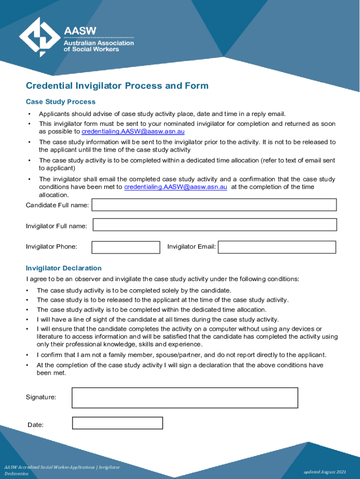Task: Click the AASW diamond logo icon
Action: click(40, 36)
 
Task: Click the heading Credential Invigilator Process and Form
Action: click(117, 86)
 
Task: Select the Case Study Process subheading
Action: click(60, 102)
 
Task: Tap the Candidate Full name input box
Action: click(214, 205)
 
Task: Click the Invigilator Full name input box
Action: click(215, 225)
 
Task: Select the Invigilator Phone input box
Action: click(125, 247)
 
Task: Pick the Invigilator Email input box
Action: click(277, 247)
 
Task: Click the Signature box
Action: click(185, 398)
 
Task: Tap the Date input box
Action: click(117, 423)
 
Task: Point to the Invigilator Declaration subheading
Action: click(64, 268)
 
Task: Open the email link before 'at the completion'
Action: click(176, 187)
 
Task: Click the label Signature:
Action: click(41, 397)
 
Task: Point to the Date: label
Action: click(36, 425)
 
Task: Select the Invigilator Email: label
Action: click(192, 247)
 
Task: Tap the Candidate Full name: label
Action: click(58, 205)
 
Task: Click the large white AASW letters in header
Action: click(80, 31)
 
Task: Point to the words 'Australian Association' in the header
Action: click(99, 43)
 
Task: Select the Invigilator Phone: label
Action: click(51, 247)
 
